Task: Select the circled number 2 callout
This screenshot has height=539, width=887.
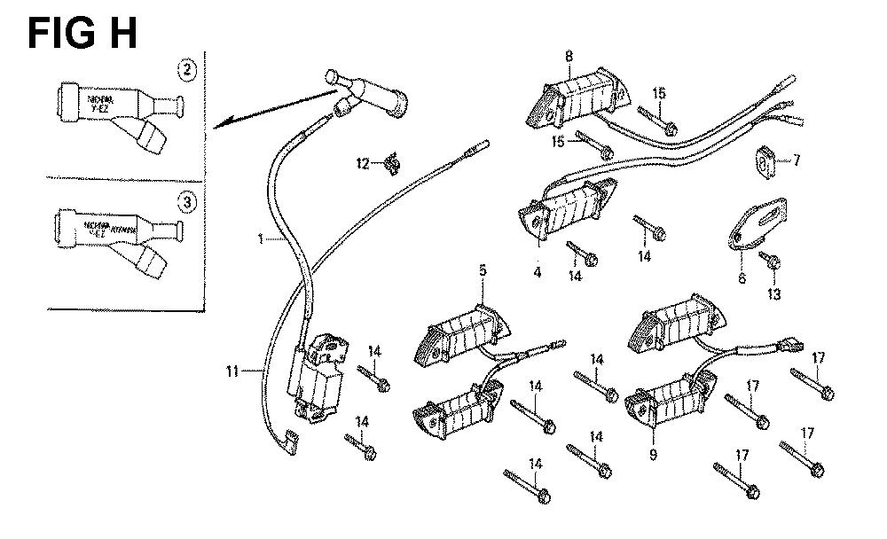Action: (x=186, y=69)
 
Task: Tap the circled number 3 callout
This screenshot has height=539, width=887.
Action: (x=186, y=202)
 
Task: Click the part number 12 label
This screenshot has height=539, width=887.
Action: (x=363, y=163)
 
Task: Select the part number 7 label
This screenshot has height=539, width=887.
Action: (x=797, y=160)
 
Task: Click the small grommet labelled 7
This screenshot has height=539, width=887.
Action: (x=767, y=160)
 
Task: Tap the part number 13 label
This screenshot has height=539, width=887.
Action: (x=774, y=293)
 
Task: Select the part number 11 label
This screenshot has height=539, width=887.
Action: (x=232, y=371)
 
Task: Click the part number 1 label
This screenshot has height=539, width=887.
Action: (x=261, y=238)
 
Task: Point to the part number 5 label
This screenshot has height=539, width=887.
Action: (x=483, y=269)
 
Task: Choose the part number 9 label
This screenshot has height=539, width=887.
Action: (x=653, y=455)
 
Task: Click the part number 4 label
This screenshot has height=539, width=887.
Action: (x=538, y=272)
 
